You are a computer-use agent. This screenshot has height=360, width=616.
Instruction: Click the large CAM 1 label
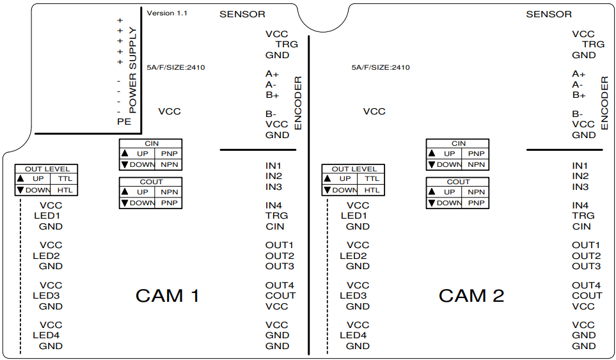pos(168,296)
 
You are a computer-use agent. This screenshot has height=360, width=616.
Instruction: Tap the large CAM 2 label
pos(471,296)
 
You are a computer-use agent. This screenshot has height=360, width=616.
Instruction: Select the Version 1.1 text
pos(167,13)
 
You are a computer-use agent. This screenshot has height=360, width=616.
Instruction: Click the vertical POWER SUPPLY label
pos(133,70)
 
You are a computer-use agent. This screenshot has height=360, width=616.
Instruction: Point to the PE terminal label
pos(124,121)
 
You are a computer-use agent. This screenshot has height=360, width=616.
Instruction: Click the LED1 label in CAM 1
pos(47,216)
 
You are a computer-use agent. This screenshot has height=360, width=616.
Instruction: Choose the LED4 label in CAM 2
pos(354,335)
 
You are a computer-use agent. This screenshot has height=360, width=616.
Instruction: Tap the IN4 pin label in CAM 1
pos(274,205)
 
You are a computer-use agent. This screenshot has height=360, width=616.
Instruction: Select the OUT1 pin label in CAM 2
pos(586,246)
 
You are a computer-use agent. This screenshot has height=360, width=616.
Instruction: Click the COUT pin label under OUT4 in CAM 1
pos(280,295)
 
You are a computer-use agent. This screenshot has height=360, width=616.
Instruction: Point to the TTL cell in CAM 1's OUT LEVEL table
pos(65,179)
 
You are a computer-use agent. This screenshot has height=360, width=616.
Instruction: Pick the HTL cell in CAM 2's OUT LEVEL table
pos(372,190)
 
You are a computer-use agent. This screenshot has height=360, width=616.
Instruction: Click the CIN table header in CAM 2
pos(458,144)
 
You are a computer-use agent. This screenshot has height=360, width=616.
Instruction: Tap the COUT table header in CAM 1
pos(151,182)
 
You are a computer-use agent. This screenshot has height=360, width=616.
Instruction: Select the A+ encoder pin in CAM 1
pos(272,74)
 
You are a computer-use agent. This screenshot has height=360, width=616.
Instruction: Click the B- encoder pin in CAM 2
pos(578,114)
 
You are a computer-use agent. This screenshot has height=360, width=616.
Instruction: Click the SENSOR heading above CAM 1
pos(242,14)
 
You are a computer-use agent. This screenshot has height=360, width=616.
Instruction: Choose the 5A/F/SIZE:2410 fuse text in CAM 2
pos(380,68)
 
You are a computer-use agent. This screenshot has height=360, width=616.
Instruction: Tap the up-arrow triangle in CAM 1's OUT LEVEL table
pos(20,179)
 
